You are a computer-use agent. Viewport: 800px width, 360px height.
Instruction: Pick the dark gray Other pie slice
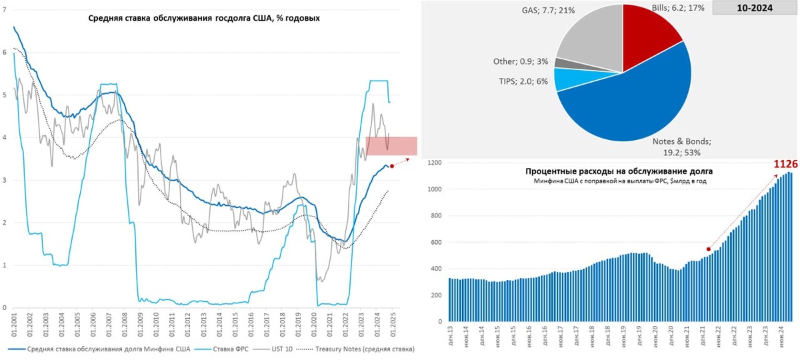tap(561, 63)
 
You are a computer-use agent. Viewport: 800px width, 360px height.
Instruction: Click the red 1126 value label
tap(785, 163)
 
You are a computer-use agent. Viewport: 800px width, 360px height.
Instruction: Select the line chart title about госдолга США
tap(204, 18)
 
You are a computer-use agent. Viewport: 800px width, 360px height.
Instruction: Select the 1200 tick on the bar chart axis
tap(433, 163)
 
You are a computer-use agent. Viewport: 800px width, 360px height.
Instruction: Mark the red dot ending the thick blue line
tap(392, 166)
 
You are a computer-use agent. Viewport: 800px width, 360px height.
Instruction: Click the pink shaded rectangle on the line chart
tap(391, 146)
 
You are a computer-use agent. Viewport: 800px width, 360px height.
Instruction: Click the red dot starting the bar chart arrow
tap(709, 249)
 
